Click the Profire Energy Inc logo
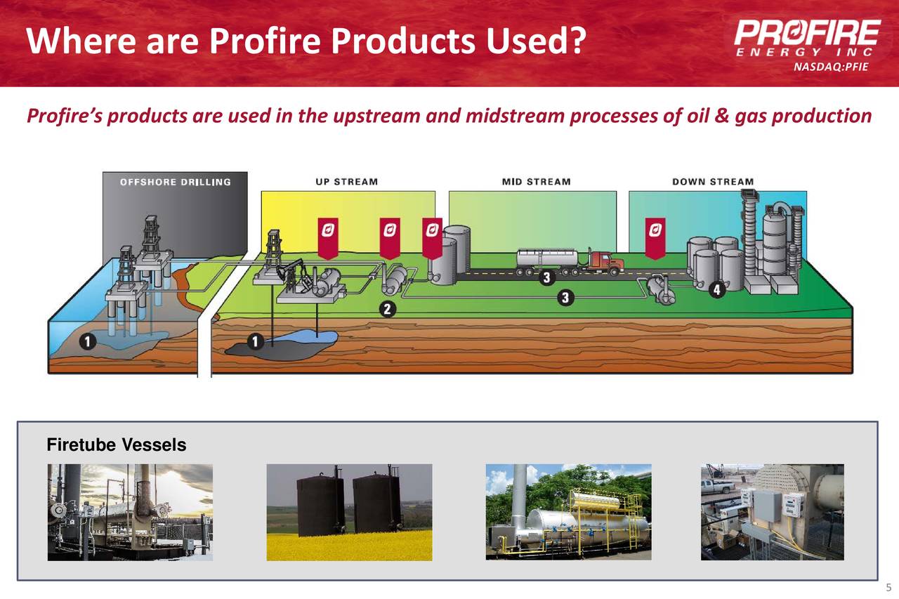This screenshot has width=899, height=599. (x=807, y=38)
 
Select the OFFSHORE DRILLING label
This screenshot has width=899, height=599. (x=176, y=183)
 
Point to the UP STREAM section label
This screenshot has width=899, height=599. (x=346, y=182)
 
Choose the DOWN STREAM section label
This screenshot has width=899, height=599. (x=713, y=182)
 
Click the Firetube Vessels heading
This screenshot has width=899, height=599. (x=116, y=445)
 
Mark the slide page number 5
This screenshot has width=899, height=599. (x=888, y=588)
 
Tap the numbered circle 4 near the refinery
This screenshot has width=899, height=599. (x=717, y=289)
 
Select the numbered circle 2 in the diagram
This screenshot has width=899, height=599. (x=387, y=308)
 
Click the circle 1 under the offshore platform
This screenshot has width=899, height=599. (x=88, y=341)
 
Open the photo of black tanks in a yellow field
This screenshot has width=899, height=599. (x=349, y=512)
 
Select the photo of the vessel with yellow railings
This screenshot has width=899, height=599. (x=568, y=512)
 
